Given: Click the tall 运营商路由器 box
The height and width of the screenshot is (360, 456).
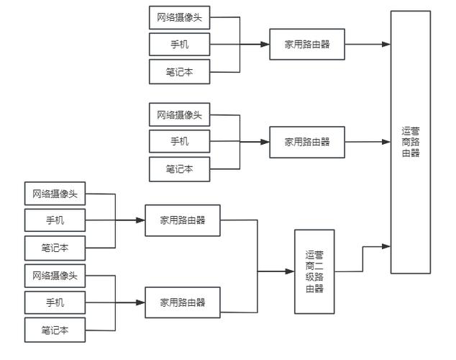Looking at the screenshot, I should (411, 142).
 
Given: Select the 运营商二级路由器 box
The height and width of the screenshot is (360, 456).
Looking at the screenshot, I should (314, 271).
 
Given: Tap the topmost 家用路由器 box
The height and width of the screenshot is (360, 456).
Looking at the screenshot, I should (307, 44).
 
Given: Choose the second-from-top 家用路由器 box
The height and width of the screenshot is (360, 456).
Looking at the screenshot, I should (307, 142).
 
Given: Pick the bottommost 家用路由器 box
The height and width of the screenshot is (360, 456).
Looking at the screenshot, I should (183, 302).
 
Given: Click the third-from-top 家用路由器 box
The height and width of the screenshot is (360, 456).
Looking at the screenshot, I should (183, 220).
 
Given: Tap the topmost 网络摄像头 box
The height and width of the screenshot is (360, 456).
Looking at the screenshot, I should (180, 17).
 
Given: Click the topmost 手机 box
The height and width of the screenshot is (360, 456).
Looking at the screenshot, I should (180, 44).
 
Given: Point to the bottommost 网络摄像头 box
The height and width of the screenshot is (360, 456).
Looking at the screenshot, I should (55, 275).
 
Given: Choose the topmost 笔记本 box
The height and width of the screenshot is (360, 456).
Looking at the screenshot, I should (180, 71).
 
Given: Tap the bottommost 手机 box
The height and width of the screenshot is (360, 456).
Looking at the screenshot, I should (55, 302).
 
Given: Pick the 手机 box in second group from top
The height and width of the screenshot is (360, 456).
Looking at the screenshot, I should (180, 142).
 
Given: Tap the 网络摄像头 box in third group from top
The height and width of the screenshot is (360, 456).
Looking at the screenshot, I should (55, 194).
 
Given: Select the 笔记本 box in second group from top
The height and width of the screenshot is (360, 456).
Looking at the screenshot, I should (180, 169).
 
